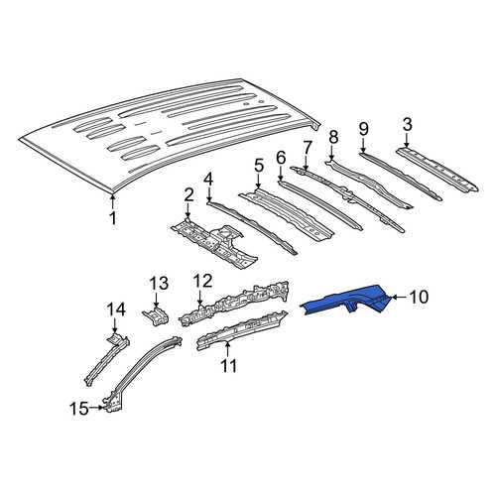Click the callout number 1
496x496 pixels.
click(x=113, y=218)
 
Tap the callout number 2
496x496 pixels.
click(x=188, y=194)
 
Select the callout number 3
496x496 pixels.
click(x=407, y=124)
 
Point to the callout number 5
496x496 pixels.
click(x=259, y=166)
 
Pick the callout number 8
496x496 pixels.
click(x=333, y=137)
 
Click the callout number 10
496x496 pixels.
click(x=419, y=297)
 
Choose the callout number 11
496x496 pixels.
click(x=228, y=366)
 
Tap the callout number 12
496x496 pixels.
click(x=202, y=281)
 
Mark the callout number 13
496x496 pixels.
click(x=159, y=284)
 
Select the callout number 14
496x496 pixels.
click(x=116, y=310)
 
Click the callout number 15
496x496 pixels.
click(x=79, y=409)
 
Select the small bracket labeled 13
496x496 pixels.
click(x=156, y=316)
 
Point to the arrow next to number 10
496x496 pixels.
click(x=400, y=297)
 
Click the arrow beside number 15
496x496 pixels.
click(x=96, y=408)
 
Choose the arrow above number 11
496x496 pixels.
click(x=227, y=350)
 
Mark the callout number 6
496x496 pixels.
click(x=281, y=158)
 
